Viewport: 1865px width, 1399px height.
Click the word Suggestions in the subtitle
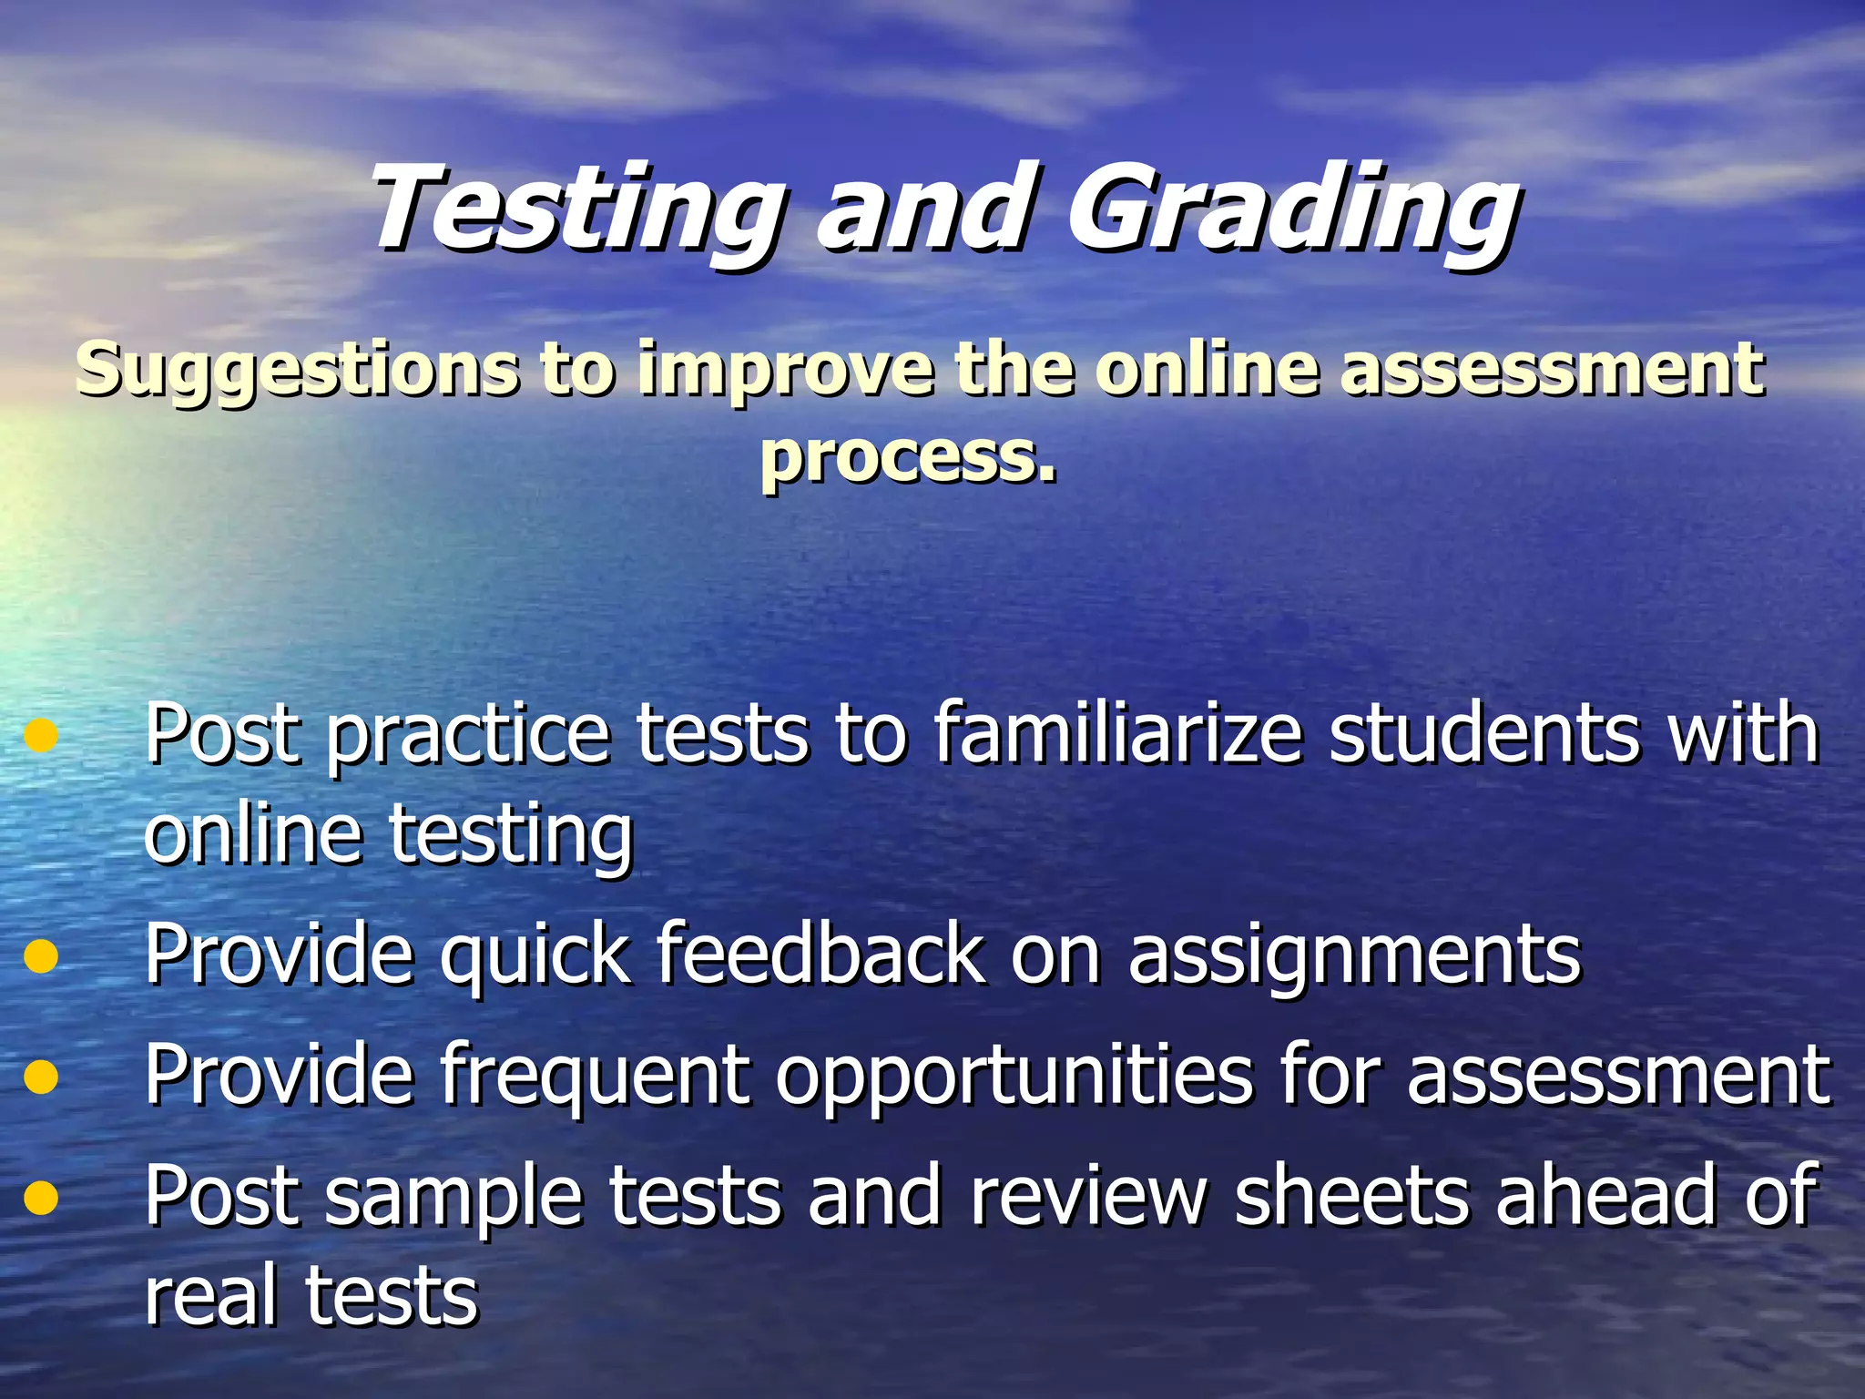click(x=297, y=370)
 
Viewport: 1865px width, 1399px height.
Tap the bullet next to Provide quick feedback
click(x=42, y=956)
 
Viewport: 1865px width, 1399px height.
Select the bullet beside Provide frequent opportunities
click(x=42, y=1077)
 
